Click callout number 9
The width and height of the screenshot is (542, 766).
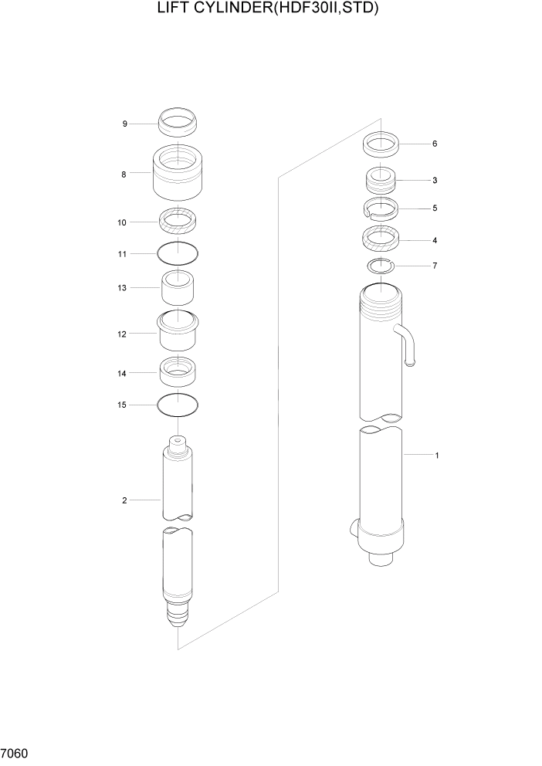point(124,124)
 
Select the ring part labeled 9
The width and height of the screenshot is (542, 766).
point(178,121)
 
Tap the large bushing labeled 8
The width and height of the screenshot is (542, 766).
point(178,173)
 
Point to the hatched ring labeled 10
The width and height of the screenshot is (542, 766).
point(178,222)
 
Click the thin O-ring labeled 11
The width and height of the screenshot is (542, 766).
point(178,253)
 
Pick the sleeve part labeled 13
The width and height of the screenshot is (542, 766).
point(178,287)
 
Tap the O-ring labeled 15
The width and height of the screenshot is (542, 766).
point(178,404)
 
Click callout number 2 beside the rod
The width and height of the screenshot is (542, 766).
point(124,500)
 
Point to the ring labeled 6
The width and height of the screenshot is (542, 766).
point(381,144)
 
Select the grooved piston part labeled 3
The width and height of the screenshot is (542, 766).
point(381,181)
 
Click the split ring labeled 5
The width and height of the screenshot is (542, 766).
point(381,208)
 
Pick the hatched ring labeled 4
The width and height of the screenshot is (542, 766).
point(381,239)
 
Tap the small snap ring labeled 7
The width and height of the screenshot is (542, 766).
point(381,266)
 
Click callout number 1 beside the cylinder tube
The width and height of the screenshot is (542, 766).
point(437,456)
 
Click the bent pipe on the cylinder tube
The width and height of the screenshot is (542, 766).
point(408,344)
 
